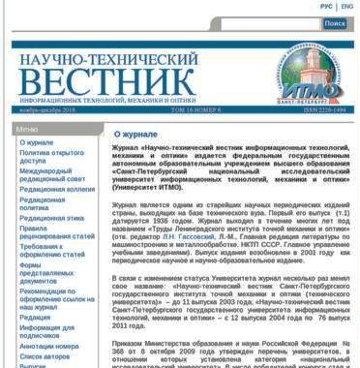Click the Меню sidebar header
[28, 129]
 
